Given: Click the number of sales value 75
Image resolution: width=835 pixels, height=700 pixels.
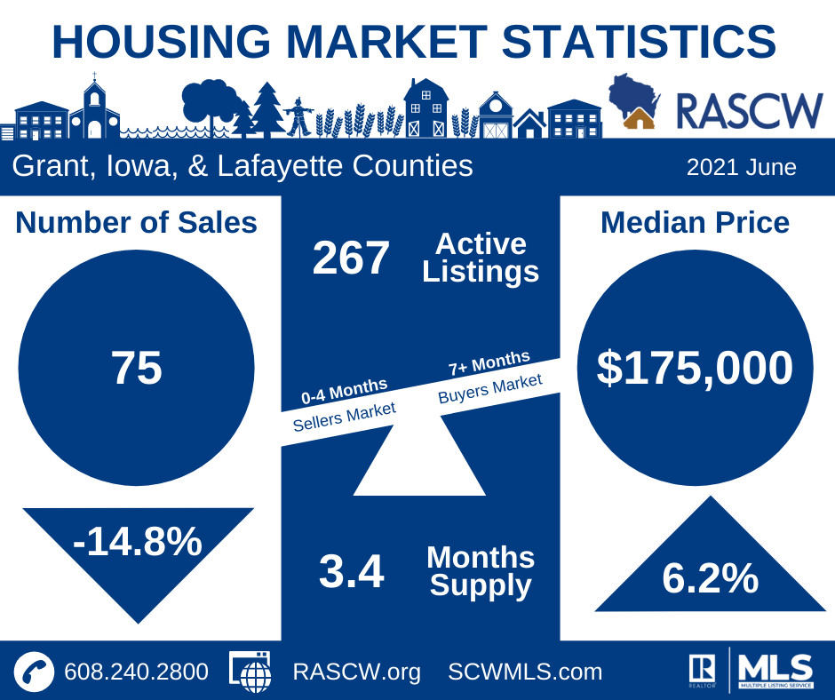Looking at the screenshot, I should (x=136, y=369).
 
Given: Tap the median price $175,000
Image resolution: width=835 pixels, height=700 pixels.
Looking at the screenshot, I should (x=695, y=368).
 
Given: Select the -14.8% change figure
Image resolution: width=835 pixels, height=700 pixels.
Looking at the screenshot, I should (x=138, y=542).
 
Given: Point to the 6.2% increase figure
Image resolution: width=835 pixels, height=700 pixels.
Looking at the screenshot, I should (x=710, y=578).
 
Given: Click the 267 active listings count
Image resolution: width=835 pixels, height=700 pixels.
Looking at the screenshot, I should (x=351, y=259).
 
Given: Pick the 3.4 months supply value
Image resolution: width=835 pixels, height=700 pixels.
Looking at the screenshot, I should (x=351, y=572).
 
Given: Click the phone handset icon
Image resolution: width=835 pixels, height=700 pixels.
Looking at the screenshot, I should (x=35, y=671).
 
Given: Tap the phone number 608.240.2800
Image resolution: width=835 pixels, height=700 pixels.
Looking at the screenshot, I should (x=136, y=672).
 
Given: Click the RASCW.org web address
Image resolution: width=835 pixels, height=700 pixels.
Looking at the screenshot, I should (x=356, y=672).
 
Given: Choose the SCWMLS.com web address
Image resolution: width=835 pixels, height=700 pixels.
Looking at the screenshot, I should (x=525, y=672).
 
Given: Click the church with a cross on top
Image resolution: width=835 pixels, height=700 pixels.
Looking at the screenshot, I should (x=94, y=111).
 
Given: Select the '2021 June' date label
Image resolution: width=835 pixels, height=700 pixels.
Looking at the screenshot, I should (x=741, y=167).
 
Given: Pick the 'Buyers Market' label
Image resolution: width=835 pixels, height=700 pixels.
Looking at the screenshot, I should (x=489, y=388).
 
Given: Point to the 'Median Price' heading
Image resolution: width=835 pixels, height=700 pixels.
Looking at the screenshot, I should (x=695, y=222).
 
